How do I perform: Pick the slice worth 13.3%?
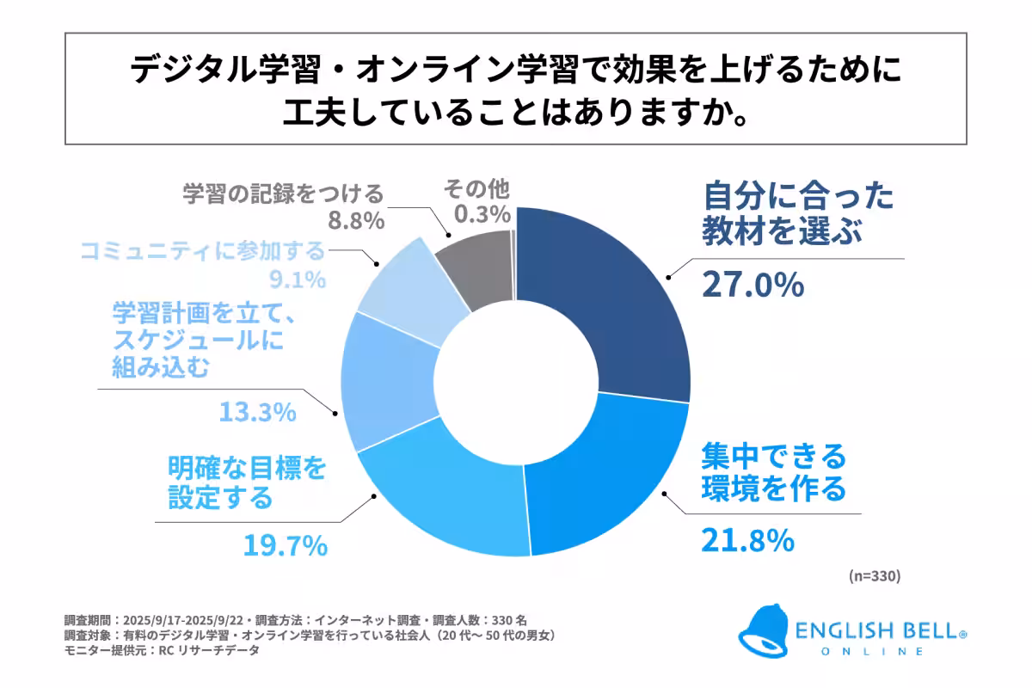click(387, 383)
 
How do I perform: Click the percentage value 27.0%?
click(752, 284)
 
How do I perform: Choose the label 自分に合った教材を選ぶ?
click(798, 215)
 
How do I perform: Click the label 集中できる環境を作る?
click(773, 471)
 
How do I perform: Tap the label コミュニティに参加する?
click(204, 251)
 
